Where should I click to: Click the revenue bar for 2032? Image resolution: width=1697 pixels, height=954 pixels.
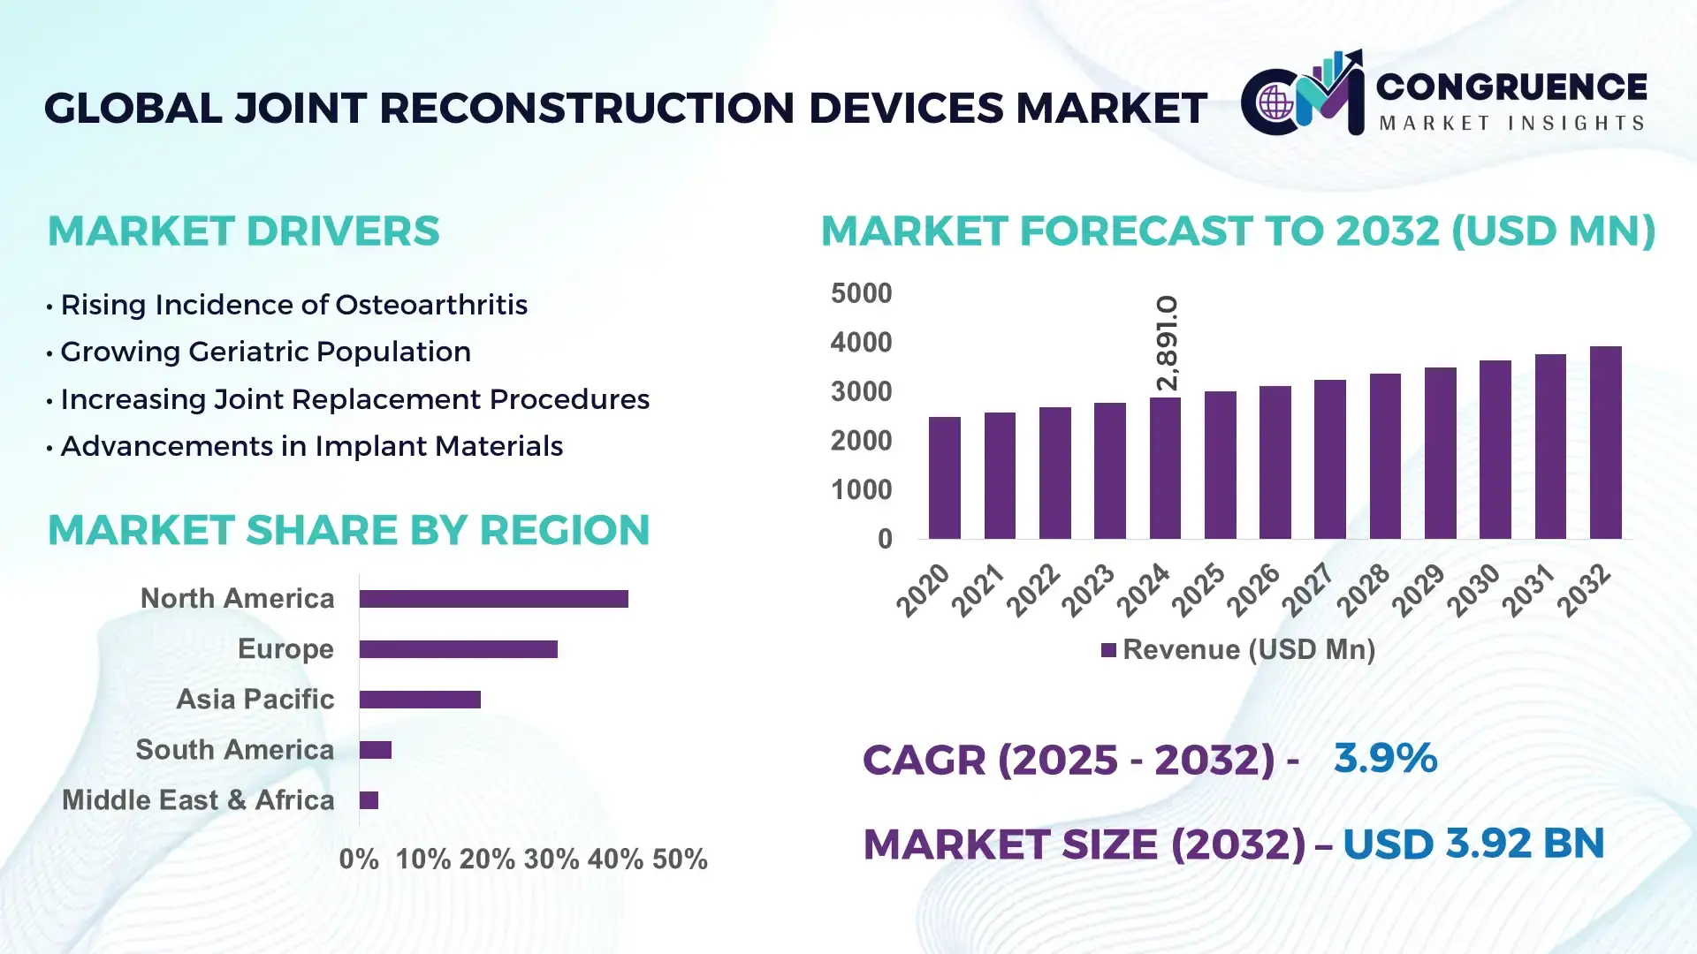click(x=1605, y=443)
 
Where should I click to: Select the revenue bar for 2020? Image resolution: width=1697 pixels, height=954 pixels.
click(x=944, y=478)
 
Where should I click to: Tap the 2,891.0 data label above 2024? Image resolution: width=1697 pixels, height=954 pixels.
click(x=1167, y=343)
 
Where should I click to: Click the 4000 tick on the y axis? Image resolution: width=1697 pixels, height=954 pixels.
click(x=861, y=343)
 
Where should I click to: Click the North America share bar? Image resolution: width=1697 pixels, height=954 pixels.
click(x=493, y=599)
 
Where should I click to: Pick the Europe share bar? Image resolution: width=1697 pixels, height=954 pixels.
click(x=458, y=649)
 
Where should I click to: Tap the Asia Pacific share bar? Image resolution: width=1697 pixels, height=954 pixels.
click(x=420, y=700)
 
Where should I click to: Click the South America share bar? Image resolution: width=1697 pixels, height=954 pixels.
click(x=376, y=750)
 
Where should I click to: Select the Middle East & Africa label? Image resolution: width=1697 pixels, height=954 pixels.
click(x=198, y=800)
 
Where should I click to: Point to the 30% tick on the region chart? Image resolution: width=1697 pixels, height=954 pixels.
click(x=551, y=859)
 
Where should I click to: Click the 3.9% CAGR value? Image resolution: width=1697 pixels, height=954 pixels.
click(x=1384, y=758)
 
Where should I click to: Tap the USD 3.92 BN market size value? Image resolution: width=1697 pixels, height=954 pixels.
click(x=1473, y=844)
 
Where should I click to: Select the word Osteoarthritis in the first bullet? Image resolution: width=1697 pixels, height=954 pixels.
click(x=431, y=305)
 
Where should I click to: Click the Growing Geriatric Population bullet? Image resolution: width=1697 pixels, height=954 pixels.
click(x=265, y=352)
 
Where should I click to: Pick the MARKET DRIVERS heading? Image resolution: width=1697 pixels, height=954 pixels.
click(x=243, y=231)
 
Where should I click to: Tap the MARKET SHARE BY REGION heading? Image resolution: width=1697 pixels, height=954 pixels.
click(x=348, y=530)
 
